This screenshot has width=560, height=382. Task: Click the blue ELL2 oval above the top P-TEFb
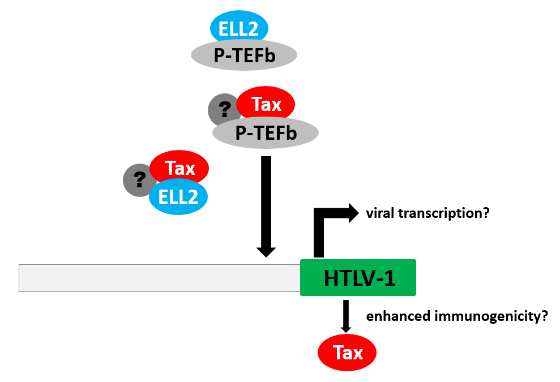[239, 28]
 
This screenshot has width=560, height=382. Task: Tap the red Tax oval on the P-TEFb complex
[266, 105]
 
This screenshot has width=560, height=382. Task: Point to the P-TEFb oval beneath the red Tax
[266, 133]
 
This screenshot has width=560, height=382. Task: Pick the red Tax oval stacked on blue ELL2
[179, 168]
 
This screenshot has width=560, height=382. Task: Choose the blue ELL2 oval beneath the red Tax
[178, 197]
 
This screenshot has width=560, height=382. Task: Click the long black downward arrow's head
[266, 251]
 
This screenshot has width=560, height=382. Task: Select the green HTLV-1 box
[358, 277]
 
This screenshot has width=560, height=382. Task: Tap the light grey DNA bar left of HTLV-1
[159, 278]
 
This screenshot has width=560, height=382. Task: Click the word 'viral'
[379, 213]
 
